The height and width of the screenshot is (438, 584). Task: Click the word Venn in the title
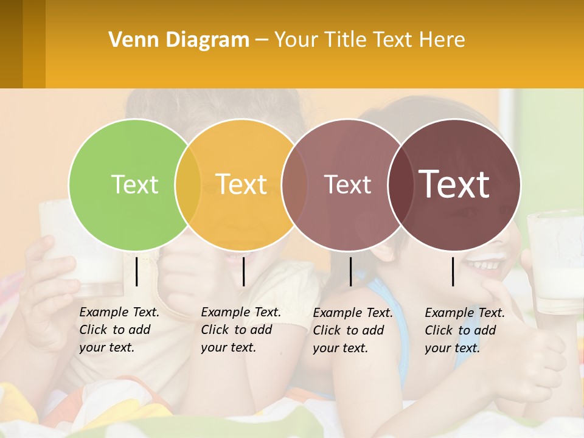coord(133,40)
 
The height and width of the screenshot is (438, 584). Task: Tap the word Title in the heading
coord(346,40)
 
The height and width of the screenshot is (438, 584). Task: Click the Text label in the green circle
coord(134,184)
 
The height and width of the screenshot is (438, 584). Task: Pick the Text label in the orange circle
coord(242,184)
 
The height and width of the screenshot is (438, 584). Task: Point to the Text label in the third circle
coord(347,184)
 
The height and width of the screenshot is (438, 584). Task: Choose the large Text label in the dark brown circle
coord(454,184)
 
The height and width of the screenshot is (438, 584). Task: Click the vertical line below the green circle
coord(136,271)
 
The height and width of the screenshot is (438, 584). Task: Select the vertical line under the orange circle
coord(243,271)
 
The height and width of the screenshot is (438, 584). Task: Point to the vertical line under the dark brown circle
coord(453,271)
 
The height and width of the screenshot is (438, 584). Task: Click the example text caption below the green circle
coord(119,330)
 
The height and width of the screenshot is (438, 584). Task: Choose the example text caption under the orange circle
coord(241,330)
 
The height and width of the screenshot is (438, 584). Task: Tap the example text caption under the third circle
coord(353,330)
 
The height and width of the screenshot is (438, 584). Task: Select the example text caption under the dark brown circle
coord(465,330)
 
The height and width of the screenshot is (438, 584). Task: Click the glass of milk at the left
coord(73,249)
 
